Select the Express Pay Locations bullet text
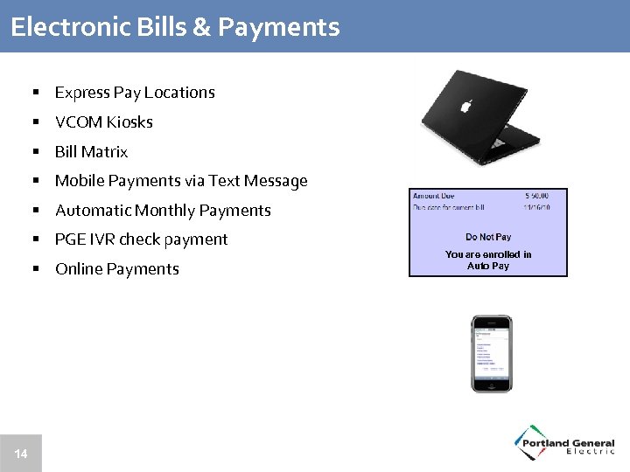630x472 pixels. [135, 93]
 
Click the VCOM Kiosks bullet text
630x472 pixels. [103, 122]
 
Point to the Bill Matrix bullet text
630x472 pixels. [91, 152]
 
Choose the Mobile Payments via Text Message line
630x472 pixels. [181, 181]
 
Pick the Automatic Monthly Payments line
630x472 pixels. [163, 211]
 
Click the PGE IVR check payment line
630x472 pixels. [141, 239]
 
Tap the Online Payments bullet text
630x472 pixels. [116, 269]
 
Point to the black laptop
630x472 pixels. [477, 118]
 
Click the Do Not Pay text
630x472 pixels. [488, 237]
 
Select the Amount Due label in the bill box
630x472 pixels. [433, 197]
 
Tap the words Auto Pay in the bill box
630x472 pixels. [488, 266]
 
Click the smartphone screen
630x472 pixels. [491, 351]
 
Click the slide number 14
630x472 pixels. [21, 454]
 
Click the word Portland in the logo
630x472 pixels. [545, 443]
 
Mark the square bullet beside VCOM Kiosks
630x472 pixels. [38, 122]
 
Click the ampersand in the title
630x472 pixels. [201, 27]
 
